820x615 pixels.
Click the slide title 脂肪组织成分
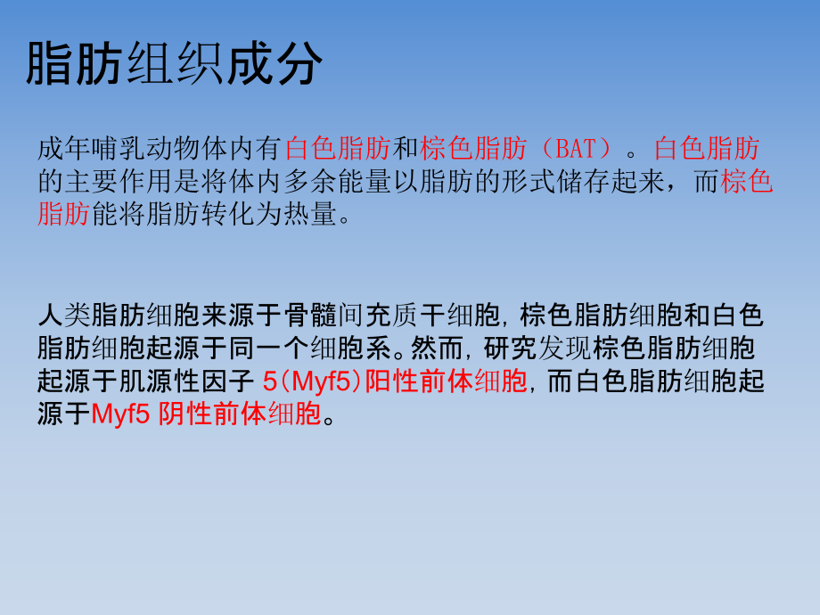(x=174, y=63)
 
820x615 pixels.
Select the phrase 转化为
(x=235, y=215)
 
